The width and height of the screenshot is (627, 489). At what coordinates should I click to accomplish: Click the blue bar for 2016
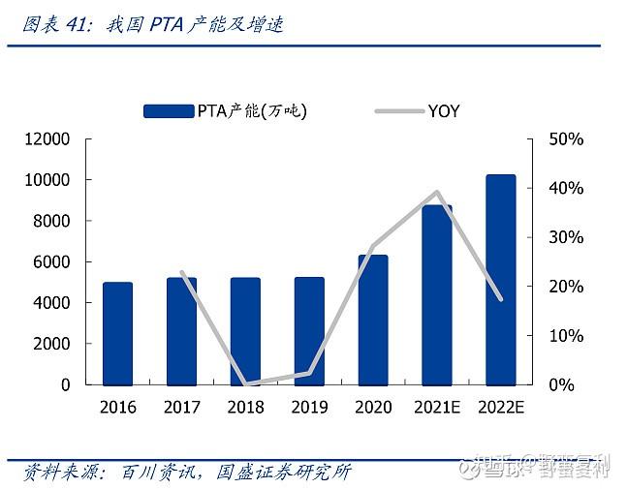(117, 333)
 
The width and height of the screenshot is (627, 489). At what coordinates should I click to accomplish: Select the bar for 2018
(245, 331)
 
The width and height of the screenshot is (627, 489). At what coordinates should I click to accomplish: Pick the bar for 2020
(373, 320)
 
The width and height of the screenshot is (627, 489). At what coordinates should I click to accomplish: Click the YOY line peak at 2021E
(437, 192)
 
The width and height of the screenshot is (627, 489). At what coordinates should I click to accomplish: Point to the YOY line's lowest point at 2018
(245, 383)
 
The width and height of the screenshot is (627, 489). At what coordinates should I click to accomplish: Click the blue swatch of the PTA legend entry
(169, 111)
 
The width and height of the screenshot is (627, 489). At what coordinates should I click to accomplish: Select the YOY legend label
(444, 111)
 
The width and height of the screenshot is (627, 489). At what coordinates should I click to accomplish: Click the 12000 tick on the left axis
(47, 139)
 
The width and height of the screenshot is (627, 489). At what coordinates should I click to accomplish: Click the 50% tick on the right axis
(566, 139)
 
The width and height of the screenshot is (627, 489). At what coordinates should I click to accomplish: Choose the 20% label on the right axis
(566, 287)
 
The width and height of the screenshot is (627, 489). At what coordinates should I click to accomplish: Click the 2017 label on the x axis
(181, 407)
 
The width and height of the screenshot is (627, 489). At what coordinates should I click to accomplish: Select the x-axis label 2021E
(437, 407)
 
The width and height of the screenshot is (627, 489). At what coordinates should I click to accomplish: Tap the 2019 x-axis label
(309, 407)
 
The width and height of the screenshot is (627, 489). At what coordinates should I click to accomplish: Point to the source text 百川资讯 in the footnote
(158, 472)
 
